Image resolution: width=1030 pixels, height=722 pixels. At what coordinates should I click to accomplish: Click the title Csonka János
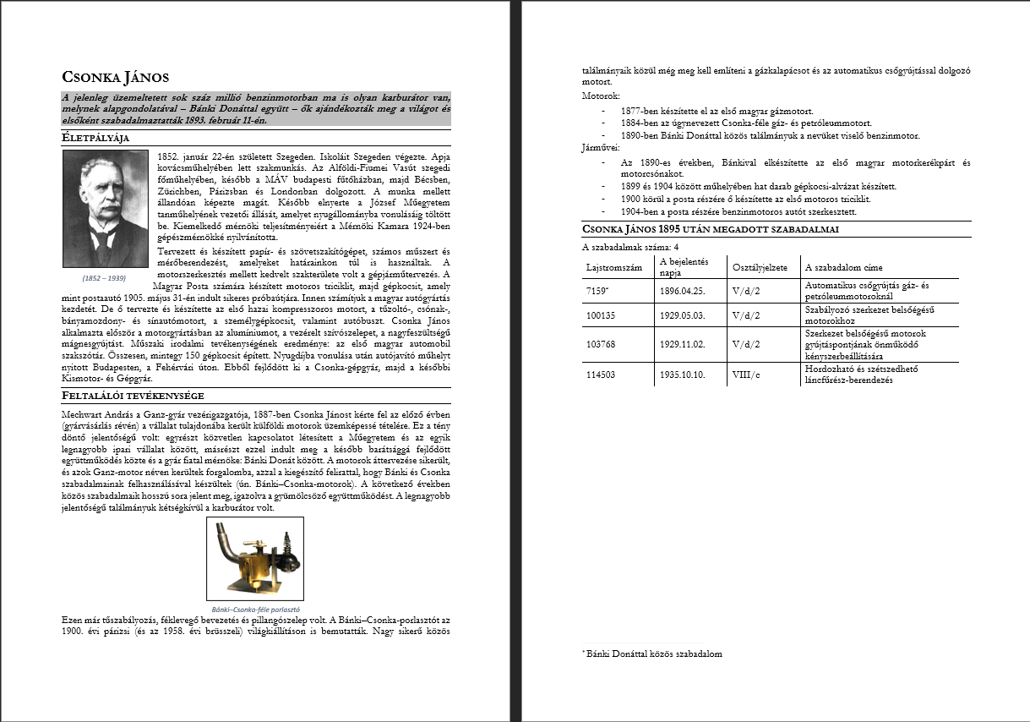point(116,77)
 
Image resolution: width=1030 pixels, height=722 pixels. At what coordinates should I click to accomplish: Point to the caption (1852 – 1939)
point(104,277)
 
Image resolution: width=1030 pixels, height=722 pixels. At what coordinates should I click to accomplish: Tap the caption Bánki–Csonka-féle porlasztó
point(255,609)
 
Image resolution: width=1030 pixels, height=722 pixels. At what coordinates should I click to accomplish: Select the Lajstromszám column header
point(614,267)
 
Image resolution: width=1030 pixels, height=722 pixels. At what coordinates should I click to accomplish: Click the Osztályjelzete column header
point(760,267)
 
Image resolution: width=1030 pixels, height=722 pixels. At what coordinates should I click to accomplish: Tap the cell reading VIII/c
point(747,375)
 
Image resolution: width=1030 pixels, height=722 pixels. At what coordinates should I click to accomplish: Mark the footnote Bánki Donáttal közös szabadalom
point(652,654)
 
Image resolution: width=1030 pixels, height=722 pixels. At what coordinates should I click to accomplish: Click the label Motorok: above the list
point(601,97)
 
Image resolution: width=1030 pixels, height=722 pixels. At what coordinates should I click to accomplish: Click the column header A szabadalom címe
point(845,267)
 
